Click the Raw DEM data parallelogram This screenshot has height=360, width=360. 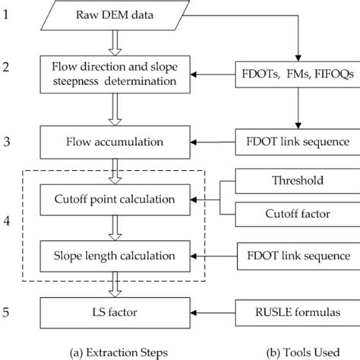click(114, 16)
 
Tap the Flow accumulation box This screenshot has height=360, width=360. click(114, 142)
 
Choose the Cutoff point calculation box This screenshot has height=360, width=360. click(114, 199)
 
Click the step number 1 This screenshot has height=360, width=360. click(8, 15)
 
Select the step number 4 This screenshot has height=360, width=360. click(8, 226)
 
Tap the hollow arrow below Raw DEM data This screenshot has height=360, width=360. click(114, 43)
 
